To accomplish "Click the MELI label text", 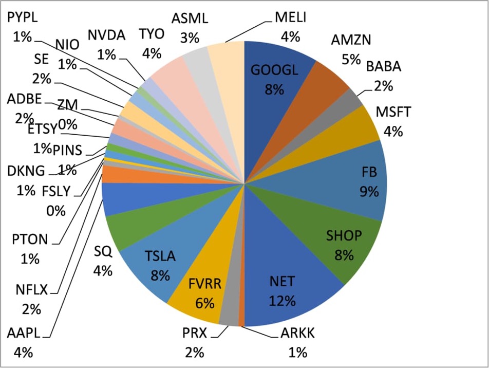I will tap(290, 17).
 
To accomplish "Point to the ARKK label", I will tap(297, 334).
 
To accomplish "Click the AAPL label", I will tap(24, 334).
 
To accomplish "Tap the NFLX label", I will tap(30, 290).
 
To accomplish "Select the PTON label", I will tap(30, 240).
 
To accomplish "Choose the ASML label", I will tap(190, 19).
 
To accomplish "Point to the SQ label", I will tap(103, 252).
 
